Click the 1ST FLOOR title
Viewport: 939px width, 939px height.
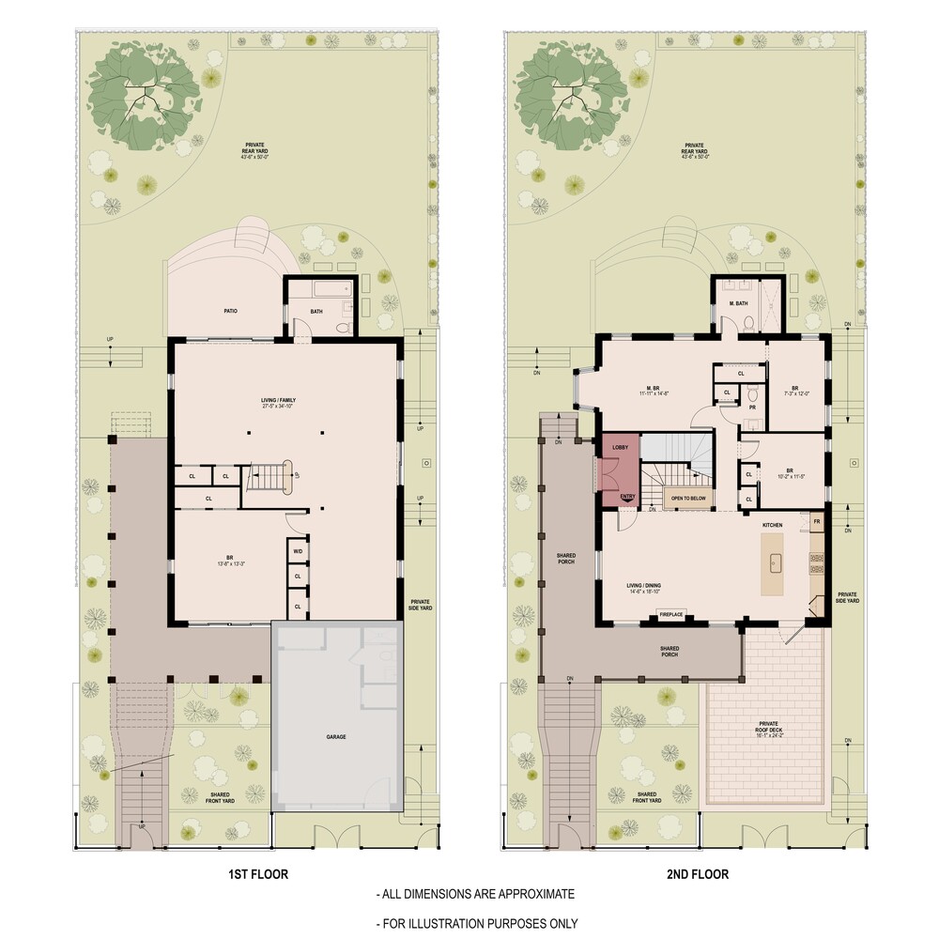[x=258, y=874]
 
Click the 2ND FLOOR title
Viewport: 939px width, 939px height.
[x=698, y=874]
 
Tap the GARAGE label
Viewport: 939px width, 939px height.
[x=336, y=737]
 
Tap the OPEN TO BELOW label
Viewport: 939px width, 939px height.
[x=687, y=498]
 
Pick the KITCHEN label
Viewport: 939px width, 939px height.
[x=772, y=524]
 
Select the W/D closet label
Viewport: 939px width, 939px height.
[x=298, y=551]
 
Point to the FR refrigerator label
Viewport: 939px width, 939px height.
[x=817, y=520]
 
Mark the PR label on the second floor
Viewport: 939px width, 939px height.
[x=753, y=407]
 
